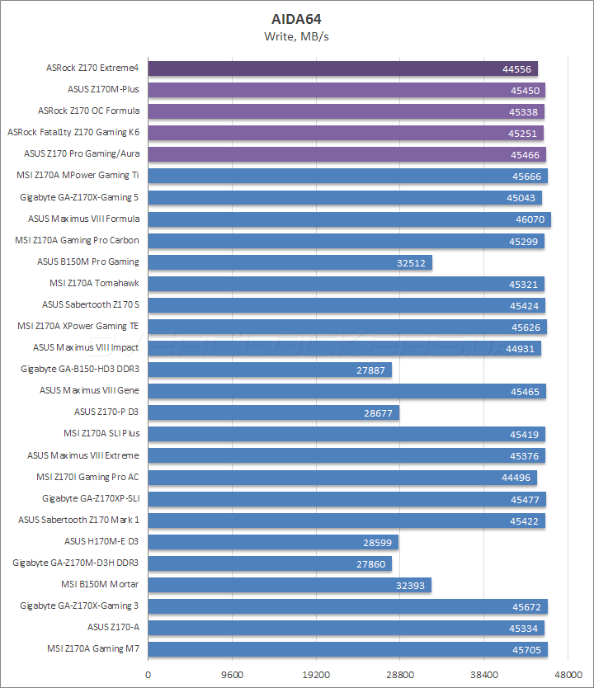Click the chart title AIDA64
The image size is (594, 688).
297,18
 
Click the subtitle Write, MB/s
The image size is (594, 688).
297,35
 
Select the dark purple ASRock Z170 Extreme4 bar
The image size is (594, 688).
342,68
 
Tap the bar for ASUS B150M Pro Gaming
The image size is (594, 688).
290,262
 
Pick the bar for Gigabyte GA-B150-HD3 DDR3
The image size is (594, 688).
269,370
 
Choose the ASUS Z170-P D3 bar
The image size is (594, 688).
273,412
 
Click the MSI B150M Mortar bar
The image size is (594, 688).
289,585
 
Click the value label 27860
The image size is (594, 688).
370,563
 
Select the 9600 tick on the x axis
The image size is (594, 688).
232,673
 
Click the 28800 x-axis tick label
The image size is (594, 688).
400,673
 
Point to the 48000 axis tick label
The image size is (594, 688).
568,673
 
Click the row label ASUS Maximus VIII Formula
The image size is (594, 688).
83,219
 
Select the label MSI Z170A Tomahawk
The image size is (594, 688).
94,283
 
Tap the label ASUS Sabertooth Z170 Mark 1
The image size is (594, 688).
78,520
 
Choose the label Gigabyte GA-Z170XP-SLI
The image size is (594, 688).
91,498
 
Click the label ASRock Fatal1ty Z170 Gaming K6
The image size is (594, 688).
73,132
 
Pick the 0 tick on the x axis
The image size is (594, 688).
148,673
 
